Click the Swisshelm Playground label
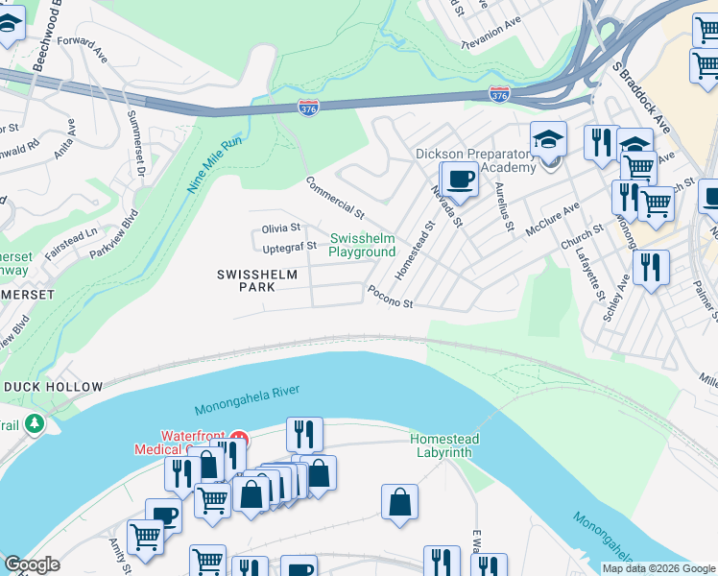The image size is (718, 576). point(362,245)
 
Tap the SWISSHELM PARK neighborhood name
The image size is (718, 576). point(256,280)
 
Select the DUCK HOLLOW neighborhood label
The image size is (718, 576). point(53,387)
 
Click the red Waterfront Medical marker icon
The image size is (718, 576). point(238,441)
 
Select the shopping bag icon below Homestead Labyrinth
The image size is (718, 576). point(399,502)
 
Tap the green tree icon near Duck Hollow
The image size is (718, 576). point(35,422)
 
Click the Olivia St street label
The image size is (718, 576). point(281,228)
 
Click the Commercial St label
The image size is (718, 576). point(335,197)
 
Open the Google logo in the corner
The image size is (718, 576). point(32,564)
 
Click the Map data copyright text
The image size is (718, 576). point(658,568)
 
